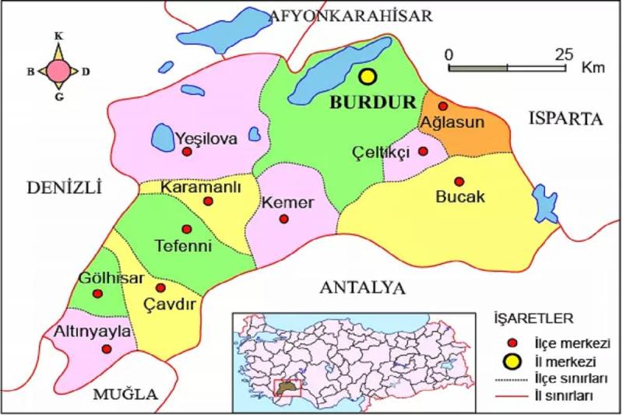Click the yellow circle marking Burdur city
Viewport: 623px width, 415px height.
pos(368,76)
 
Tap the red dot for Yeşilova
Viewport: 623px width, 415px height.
pos(186,153)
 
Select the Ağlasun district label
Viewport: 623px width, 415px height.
pos(452,122)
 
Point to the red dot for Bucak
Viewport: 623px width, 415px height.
pos(459,181)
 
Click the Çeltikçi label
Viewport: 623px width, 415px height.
pos(380,152)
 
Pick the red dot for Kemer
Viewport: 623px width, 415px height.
pos(283,219)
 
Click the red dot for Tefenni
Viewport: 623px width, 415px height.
pos(186,229)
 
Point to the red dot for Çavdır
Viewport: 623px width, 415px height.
pos(160,287)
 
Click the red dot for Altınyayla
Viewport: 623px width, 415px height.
pos(107,348)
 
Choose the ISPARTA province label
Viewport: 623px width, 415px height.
pos(566,119)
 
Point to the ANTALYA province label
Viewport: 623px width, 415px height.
pos(363,287)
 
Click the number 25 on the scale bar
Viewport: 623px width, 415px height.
pos(563,55)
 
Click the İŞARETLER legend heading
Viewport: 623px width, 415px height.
pos(533,318)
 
